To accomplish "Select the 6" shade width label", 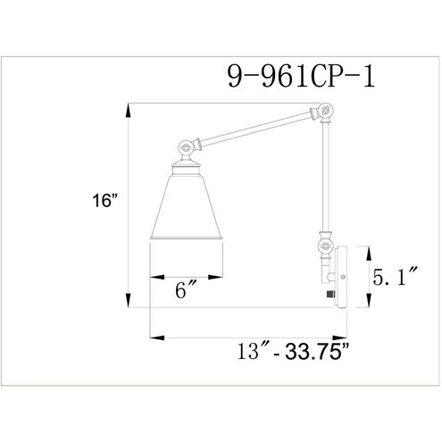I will click(187, 289).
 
